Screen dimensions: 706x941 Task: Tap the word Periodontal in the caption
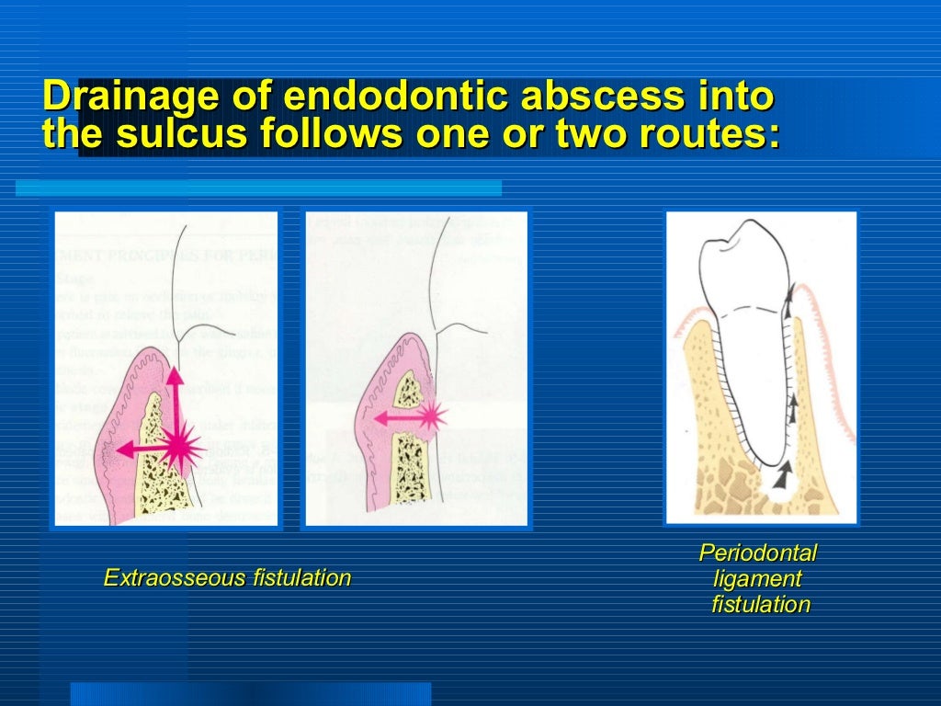tap(757, 553)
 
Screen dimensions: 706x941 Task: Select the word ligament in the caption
tap(757, 579)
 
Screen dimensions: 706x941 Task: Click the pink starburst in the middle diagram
tap(430, 417)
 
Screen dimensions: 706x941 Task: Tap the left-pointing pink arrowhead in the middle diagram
tap(379, 418)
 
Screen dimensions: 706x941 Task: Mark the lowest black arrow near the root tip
tap(781, 474)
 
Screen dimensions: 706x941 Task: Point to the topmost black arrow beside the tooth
tap(789, 292)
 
